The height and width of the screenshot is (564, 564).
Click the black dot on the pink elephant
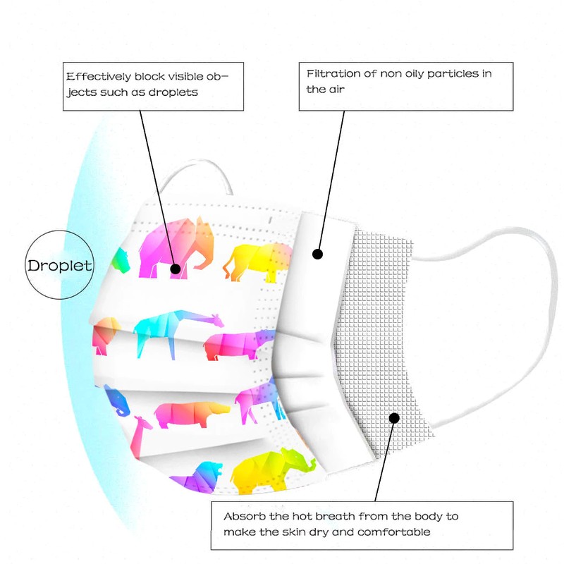(175, 268)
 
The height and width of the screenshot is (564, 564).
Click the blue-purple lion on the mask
(200, 478)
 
